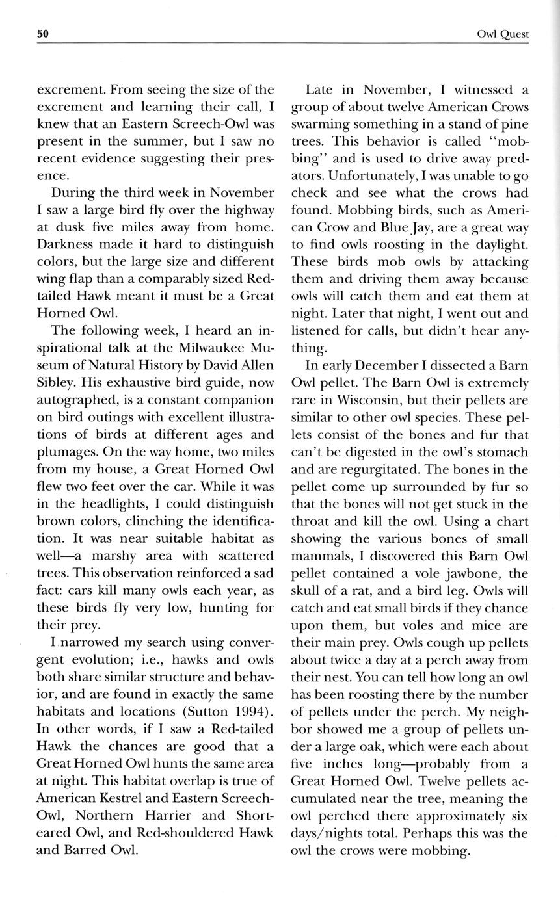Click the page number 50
pyautogui.click(x=44, y=34)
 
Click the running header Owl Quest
pyautogui.click(x=502, y=34)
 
